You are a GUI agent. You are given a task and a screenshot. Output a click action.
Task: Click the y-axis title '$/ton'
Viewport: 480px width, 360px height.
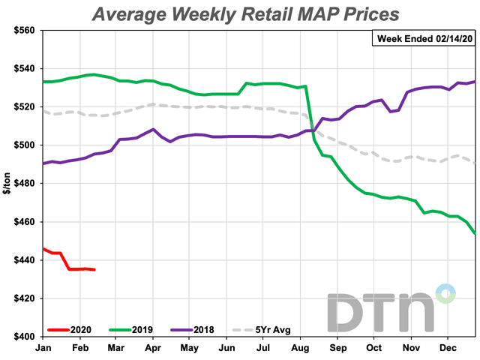click(x=8, y=184)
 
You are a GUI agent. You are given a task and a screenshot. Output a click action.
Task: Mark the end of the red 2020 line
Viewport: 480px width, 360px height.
click(x=94, y=269)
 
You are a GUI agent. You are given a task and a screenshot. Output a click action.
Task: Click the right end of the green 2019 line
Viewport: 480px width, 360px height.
click(x=475, y=233)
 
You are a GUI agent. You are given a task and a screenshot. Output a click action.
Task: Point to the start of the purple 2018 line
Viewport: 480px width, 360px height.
click(x=43, y=163)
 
